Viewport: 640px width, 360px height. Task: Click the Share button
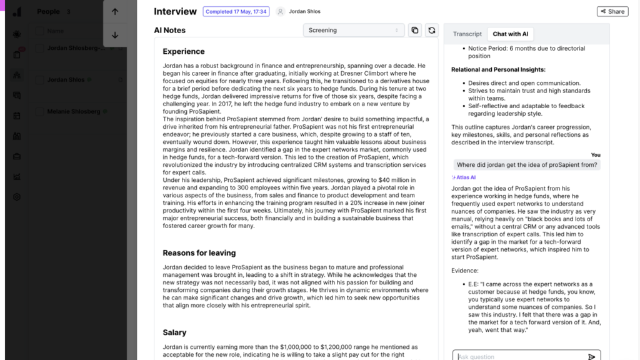click(x=612, y=11)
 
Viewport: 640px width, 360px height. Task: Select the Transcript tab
click(x=467, y=34)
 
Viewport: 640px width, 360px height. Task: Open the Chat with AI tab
click(x=510, y=34)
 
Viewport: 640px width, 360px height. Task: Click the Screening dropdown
click(x=353, y=30)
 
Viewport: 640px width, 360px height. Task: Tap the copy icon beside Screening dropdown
click(x=414, y=30)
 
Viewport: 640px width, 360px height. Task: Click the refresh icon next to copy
click(x=431, y=30)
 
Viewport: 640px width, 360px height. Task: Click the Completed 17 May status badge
click(x=236, y=11)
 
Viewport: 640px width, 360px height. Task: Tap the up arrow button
click(x=115, y=12)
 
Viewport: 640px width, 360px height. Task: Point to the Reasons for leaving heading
click(x=199, y=253)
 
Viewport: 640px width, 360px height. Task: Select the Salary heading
click(x=174, y=332)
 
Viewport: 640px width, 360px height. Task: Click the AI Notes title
click(x=169, y=30)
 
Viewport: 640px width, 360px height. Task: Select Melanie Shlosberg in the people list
click(x=74, y=111)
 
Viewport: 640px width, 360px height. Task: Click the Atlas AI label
click(x=465, y=177)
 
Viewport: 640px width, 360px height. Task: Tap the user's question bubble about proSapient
click(x=527, y=165)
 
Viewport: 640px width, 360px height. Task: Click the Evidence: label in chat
click(x=464, y=271)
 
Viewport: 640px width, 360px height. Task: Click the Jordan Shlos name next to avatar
click(x=304, y=11)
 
